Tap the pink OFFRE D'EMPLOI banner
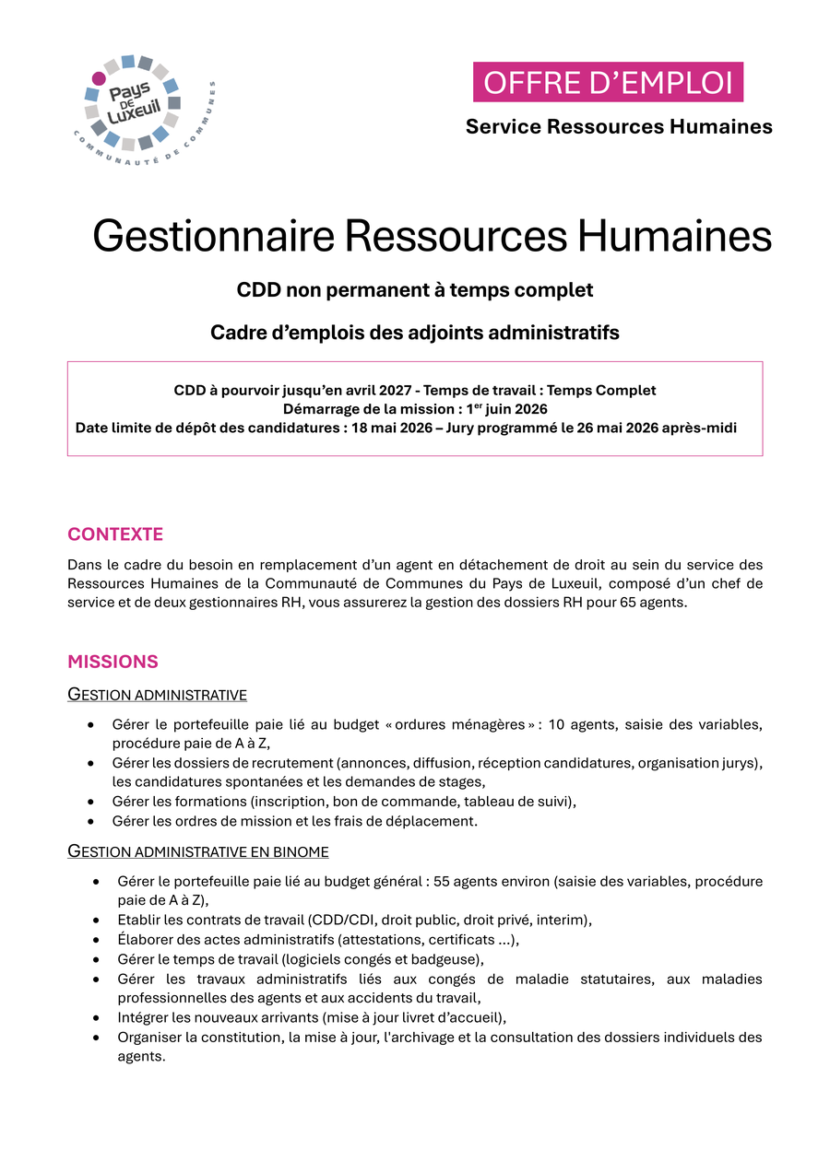click(x=608, y=82)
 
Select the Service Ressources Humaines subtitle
click(x=619, y=126)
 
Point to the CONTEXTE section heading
click(x=115, y=534)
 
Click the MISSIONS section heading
click(x=113, y=662)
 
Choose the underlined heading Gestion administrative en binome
click(x=198, y=851)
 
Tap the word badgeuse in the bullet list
click(x=447, y=958)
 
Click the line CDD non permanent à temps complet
click(x=415, y=290)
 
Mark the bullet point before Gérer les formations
click(x=91, y=802)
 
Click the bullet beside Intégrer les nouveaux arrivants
click(x=97, y=1017)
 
